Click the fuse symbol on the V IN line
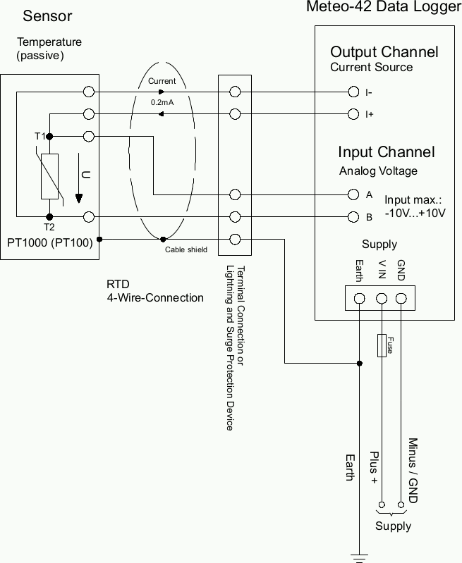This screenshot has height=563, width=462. click(x=382, y=346)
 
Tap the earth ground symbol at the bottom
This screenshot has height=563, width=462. click(x=360, y=559)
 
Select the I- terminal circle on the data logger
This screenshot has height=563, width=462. click(x=353, y=92)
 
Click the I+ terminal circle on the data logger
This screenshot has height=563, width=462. click(x=353, y=114)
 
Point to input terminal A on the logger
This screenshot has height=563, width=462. click(x=353, y=194)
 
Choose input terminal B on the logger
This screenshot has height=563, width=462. click(x=353, y=216)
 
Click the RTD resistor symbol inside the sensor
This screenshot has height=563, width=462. click(x=49, y=175)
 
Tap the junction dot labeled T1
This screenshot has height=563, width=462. click(x=49, y=136)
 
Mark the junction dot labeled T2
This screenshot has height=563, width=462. click(x=49, y=217)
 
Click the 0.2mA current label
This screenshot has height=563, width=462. click(x=162, y=103)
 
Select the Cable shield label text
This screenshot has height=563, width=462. click(x=186, y=249)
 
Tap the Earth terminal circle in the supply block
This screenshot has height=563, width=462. click(x=360, y=298)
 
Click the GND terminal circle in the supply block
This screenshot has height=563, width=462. click(x=402, y=298)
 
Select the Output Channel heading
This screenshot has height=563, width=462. click(x=384, y=52)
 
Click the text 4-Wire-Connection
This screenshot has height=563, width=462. click(x=155, y=297)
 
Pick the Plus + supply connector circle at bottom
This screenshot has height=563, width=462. click(x=382, y=505)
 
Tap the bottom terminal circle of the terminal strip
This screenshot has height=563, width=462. click(x=236, y=239)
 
